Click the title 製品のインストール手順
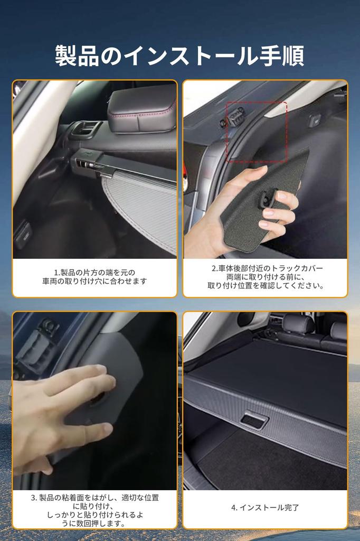click(x=179, y=56)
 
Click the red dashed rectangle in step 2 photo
click(x=257, y=132)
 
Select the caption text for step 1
click(x=95, y=277)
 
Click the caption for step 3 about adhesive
click(x=95, y=510)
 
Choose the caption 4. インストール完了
click(x=266, y=507)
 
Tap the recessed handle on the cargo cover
click(x=254, y=421)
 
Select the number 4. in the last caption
click(x=234, y=507)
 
